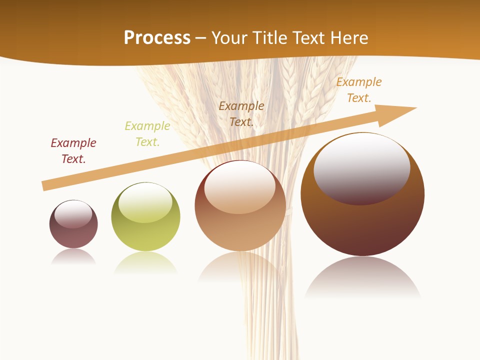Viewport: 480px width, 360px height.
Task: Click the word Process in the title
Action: [157, 38]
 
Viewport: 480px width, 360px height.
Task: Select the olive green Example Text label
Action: [147, 134]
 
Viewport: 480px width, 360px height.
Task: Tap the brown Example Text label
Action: [241, 113]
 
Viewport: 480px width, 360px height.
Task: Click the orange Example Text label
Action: [359, 90]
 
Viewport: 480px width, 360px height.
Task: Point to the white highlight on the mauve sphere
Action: [73, 214]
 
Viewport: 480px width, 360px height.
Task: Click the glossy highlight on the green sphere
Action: [145, 202]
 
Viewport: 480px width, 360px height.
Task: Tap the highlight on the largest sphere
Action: [362, 167]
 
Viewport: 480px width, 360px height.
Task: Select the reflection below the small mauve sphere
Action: [73, 257]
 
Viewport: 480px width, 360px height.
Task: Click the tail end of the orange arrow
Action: [46, 185]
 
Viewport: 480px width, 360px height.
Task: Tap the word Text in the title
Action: [311, 38]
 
